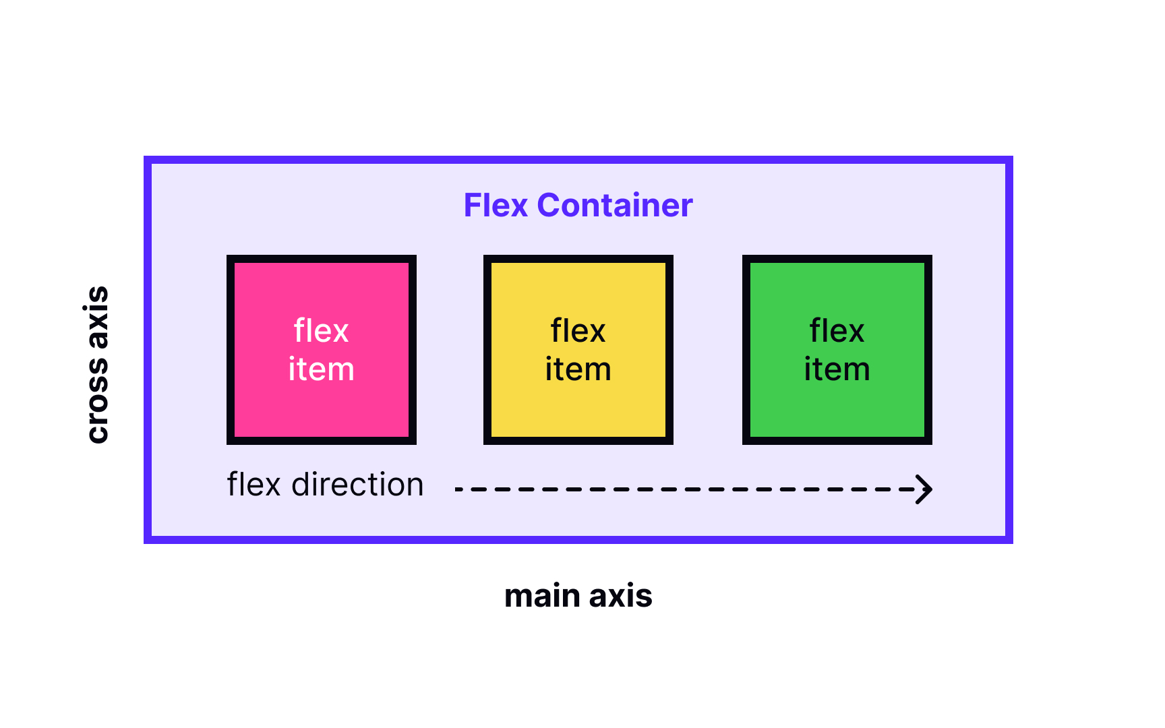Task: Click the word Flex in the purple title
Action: pos(496,206)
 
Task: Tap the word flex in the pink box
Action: pos(321,331)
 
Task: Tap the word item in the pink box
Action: pos(321,369)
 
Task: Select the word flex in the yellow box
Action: pos(578,331)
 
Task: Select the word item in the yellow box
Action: pos(578,369)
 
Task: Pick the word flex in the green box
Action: pos(837,331)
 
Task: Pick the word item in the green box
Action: pos(837,369)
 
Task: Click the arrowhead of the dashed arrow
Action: pos(925,489)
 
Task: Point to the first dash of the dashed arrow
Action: pos(459,489)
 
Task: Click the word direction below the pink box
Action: pos(357,485)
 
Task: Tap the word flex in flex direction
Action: pos(253,485)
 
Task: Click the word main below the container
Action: pos(542,597)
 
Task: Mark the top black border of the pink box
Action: pos(321,259)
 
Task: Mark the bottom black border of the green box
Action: pos(837,441)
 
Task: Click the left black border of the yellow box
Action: pos(487,350)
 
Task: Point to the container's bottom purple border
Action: pos(578,540)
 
